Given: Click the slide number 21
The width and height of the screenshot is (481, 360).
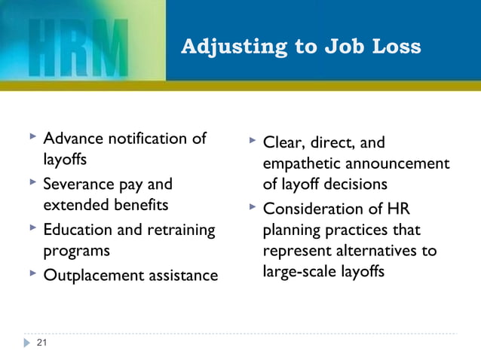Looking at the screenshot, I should click(41, 343).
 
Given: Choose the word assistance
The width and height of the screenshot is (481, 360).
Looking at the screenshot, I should click(182, 276).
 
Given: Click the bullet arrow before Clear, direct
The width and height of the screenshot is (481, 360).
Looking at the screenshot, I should click(253, 140).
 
